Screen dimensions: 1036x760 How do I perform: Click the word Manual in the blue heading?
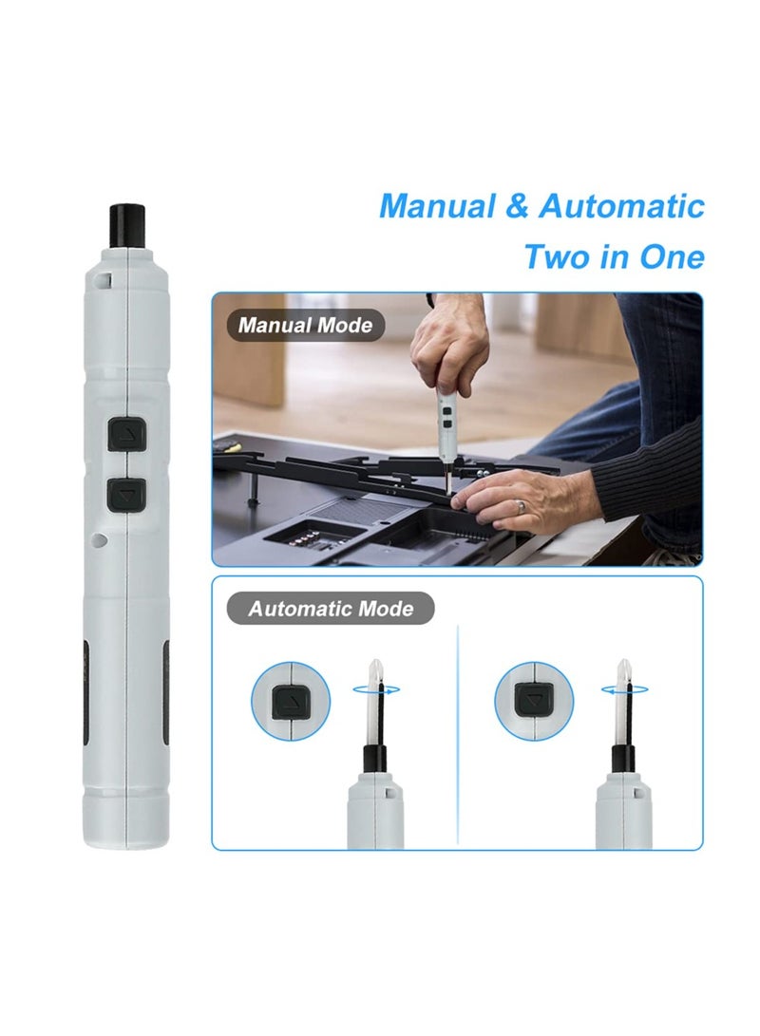point(437,206)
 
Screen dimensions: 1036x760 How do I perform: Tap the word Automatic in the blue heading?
point(621,206)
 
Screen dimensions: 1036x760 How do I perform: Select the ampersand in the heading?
point(517,207)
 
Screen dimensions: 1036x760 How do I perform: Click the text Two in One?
point(614,256)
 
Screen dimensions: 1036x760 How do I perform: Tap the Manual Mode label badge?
point(306,325)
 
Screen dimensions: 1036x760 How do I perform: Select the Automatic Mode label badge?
point(331,608)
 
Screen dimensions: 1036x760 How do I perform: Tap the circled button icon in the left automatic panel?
point(290,702)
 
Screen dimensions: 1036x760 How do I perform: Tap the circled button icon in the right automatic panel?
point(533,702)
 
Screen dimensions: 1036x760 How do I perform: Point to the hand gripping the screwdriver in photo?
point(448,347)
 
